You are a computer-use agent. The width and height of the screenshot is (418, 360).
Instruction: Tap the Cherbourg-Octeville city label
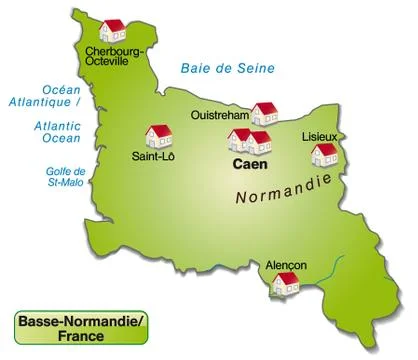click(115, 56)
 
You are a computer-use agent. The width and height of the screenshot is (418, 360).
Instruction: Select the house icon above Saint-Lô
click(159, 136)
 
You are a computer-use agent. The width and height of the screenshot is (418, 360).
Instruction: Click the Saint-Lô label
click(152, 157)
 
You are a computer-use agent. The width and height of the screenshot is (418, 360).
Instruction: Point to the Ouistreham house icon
click(264, 113)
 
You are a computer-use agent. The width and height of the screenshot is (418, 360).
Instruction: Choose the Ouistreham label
click(220, 116)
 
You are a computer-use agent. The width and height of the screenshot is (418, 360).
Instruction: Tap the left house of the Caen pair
click(240, 140)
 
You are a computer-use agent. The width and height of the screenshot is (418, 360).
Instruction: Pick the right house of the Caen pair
click(259, 142)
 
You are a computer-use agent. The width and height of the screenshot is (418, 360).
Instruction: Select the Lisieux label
click(320, 135)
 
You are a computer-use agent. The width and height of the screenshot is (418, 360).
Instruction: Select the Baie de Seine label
click(226, 68)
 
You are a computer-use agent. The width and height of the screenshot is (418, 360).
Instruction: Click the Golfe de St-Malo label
click(43, 177)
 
